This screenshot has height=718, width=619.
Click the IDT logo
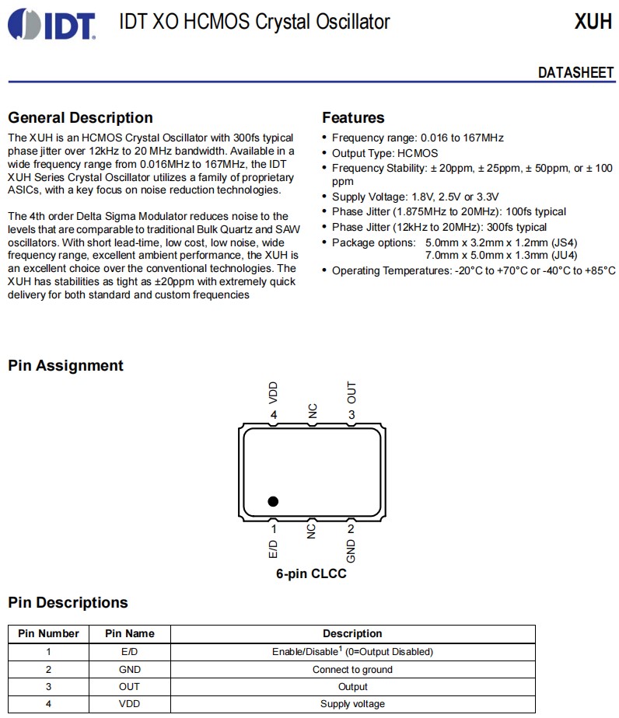point(52,24)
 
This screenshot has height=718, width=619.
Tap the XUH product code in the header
point(593,22)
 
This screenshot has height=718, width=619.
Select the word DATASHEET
point(575,72)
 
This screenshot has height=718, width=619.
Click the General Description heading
point(80,118)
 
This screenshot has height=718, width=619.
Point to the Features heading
point(353,118)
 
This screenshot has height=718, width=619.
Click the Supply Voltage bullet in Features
point(415,197)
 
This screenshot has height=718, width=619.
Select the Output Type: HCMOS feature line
point(385,153)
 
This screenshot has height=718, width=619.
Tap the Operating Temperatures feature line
point(473,270)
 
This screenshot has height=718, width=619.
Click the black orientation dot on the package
point(273,501)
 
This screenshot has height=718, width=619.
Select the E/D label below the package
point(273,550)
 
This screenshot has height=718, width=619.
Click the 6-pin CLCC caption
point(311,574)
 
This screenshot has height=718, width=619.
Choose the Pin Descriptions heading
point(68,603)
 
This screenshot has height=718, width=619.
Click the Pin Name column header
point(130,633)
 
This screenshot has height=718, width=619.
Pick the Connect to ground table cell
point(352,669)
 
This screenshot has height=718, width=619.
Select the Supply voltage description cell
point(352,704)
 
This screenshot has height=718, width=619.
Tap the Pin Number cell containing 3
point(48,687)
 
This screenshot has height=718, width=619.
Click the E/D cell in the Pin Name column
point(130,652)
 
